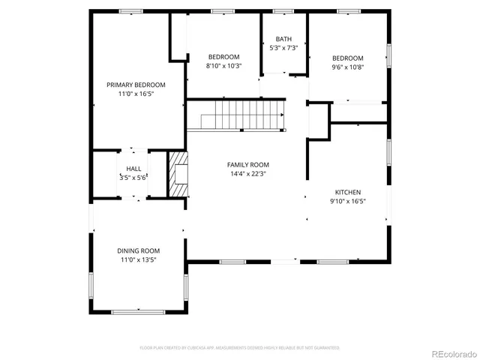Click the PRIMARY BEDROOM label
pos(136,85)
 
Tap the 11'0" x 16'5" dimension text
pos(136,94)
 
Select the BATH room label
pos(283,38)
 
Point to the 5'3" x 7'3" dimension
pos(283,48)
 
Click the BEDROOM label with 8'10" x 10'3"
pos(223,57)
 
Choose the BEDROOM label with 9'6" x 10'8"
pos(348,58)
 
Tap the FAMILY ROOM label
pos(248,164)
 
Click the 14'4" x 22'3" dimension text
pos(248,174)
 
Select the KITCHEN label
pos(348,192)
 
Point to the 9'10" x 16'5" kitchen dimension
pos(348,202)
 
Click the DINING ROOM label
pos(138,250)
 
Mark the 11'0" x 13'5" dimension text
pos(138,260)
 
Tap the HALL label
pos(133,169)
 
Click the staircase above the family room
pos(236,114)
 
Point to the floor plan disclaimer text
pos(240,348)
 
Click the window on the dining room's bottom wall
pos(138,310)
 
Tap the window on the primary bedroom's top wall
pos(131,11)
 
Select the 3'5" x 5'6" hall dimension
pos(133,178)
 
